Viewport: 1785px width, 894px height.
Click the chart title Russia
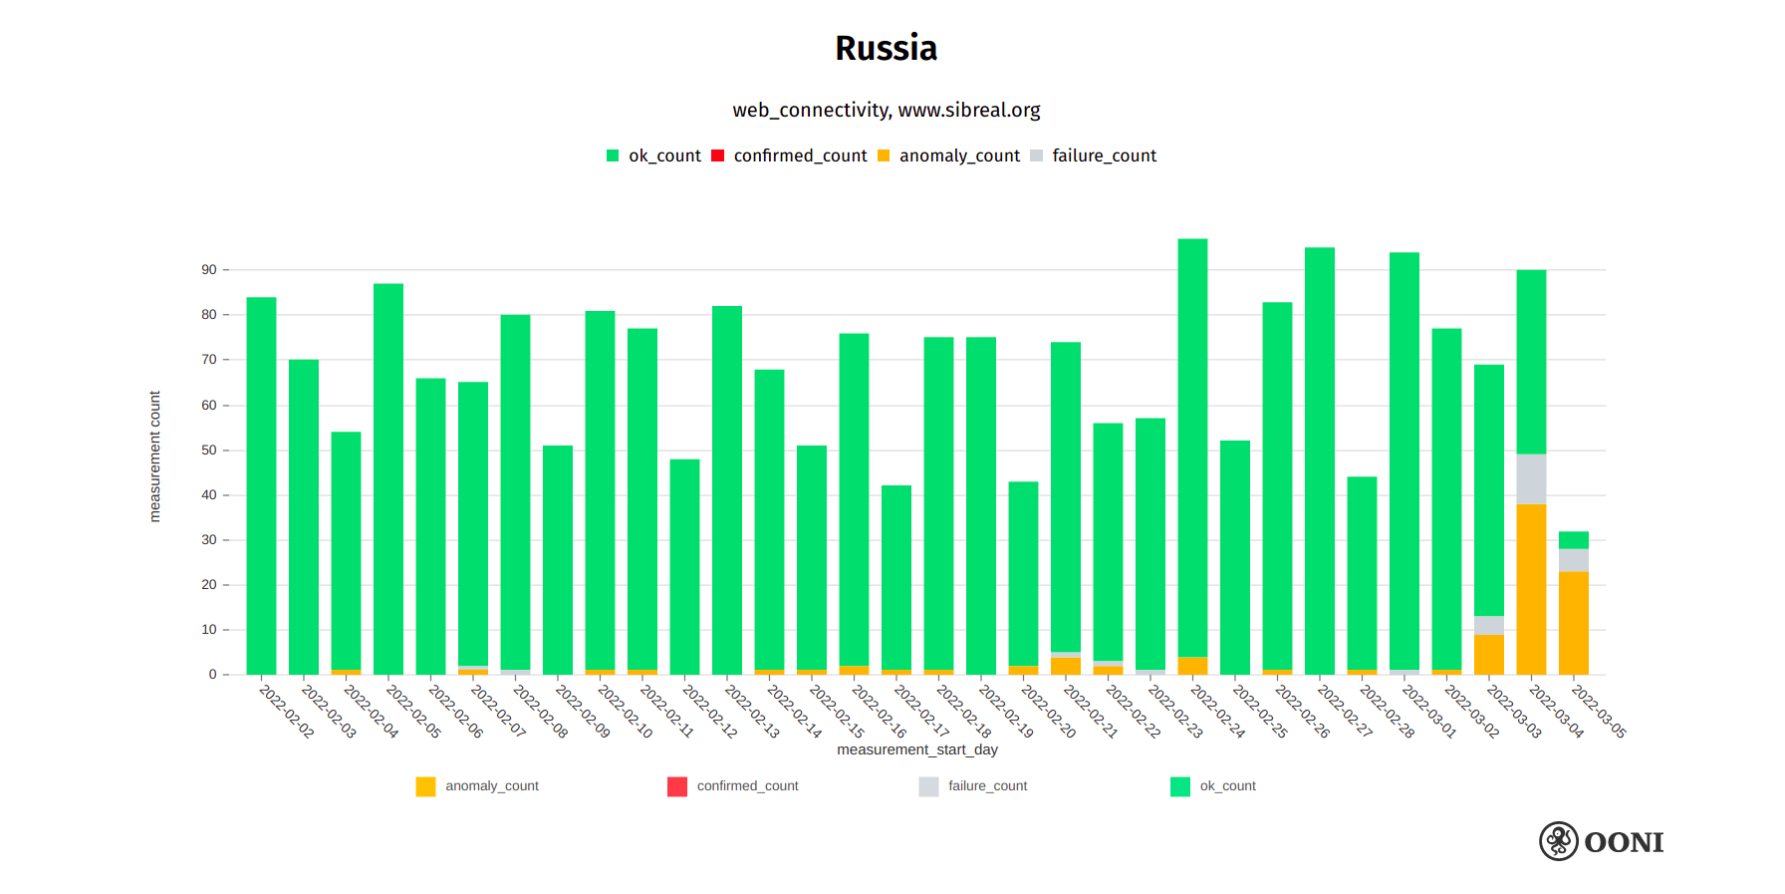886,48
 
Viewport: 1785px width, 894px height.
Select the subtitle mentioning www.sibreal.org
886,110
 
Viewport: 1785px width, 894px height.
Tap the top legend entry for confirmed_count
800,155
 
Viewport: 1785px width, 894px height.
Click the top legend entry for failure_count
1104,155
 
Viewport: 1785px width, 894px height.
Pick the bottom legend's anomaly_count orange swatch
425,786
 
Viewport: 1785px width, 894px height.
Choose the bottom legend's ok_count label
1227,786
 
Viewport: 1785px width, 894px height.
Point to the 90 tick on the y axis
209,270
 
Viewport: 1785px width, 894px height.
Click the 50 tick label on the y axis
209,450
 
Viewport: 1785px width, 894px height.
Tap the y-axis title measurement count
154,456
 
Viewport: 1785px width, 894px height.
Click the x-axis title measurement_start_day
916,749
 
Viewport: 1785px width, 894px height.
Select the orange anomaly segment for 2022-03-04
1531,588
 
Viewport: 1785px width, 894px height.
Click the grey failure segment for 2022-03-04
1531,479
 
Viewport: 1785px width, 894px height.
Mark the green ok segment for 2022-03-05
1574,540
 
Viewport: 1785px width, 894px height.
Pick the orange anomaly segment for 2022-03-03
1489,655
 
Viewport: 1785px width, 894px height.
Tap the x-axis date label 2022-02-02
287,711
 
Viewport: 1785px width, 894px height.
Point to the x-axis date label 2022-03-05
1599,711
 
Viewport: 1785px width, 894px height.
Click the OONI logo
1602,841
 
